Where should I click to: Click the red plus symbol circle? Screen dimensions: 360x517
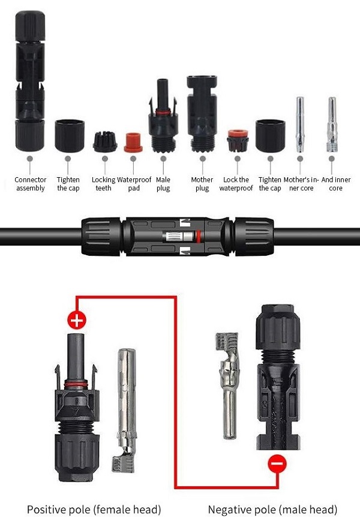(77, 319)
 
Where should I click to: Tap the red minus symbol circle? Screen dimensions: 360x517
(277, 464)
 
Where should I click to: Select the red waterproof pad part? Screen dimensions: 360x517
(133, 142)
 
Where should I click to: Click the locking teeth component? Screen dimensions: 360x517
(105, 142)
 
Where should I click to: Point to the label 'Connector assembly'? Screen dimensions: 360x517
(31, 184)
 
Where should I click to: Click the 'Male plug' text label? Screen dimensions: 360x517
(163, 184)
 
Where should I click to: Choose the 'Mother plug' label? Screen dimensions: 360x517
(202, 184)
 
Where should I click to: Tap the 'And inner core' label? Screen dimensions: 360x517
(335, 184)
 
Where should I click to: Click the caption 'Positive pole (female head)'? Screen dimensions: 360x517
(94, 509)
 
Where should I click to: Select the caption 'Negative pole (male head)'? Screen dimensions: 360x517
(273, 509)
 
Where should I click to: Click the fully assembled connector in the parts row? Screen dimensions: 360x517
(29, 81)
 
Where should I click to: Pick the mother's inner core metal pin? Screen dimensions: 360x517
(300, 125)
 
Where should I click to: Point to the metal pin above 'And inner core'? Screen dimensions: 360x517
(332, 125)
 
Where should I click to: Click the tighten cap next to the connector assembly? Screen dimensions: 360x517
(70, 136)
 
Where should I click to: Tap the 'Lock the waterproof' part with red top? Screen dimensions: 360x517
(238, 141)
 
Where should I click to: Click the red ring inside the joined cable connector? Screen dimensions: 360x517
(199, 237)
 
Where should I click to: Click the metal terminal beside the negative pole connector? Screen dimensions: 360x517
(227, 385)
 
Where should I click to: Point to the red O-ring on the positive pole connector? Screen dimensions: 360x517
(76, 384)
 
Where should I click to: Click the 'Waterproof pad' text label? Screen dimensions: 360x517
(134, 184)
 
